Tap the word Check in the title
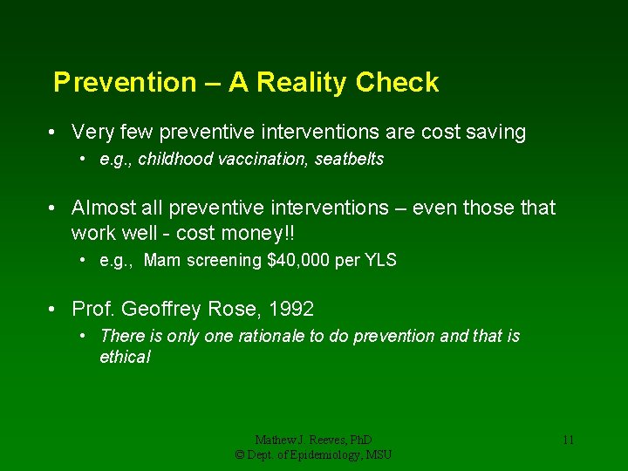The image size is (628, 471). coord(397,83)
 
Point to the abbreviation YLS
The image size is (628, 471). coord(379,260)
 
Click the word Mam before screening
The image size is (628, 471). coord(160,260)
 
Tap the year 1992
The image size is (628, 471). coord(291,309)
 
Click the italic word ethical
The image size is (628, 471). coord(125,357)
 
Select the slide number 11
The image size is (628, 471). coord(568,440)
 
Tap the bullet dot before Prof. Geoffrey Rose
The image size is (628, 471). coord(54,310)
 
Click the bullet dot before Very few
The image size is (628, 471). coord(54,133)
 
